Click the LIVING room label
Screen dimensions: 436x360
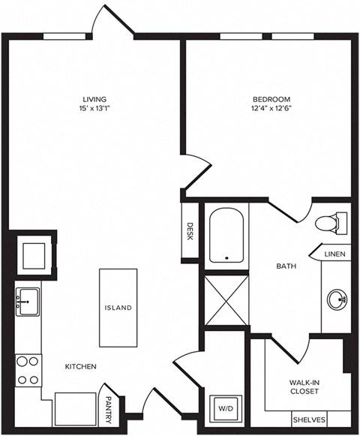(x=94, y=98)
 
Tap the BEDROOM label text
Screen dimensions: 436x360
(x=271, y=98)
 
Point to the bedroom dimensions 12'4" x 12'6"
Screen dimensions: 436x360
(x=271, y=108)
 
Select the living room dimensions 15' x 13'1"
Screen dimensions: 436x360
(x=94, y=108)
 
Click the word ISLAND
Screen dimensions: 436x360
(x=118, y=308)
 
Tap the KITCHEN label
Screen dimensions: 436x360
(x=81, y=366)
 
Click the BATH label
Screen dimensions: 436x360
(x=286, y=266)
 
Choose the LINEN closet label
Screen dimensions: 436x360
(x=334, y=255)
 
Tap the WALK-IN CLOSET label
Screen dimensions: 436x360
(x=304, y=386)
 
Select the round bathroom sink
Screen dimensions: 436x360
(x=337, y=300)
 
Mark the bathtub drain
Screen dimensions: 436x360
(x=228, y=258)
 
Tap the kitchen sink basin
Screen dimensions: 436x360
(x=28, y=302)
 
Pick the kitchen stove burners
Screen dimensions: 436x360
(x=28, y=369)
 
